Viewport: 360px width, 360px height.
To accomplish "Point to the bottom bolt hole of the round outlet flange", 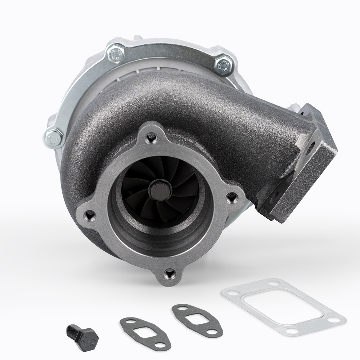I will coord(168,275).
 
